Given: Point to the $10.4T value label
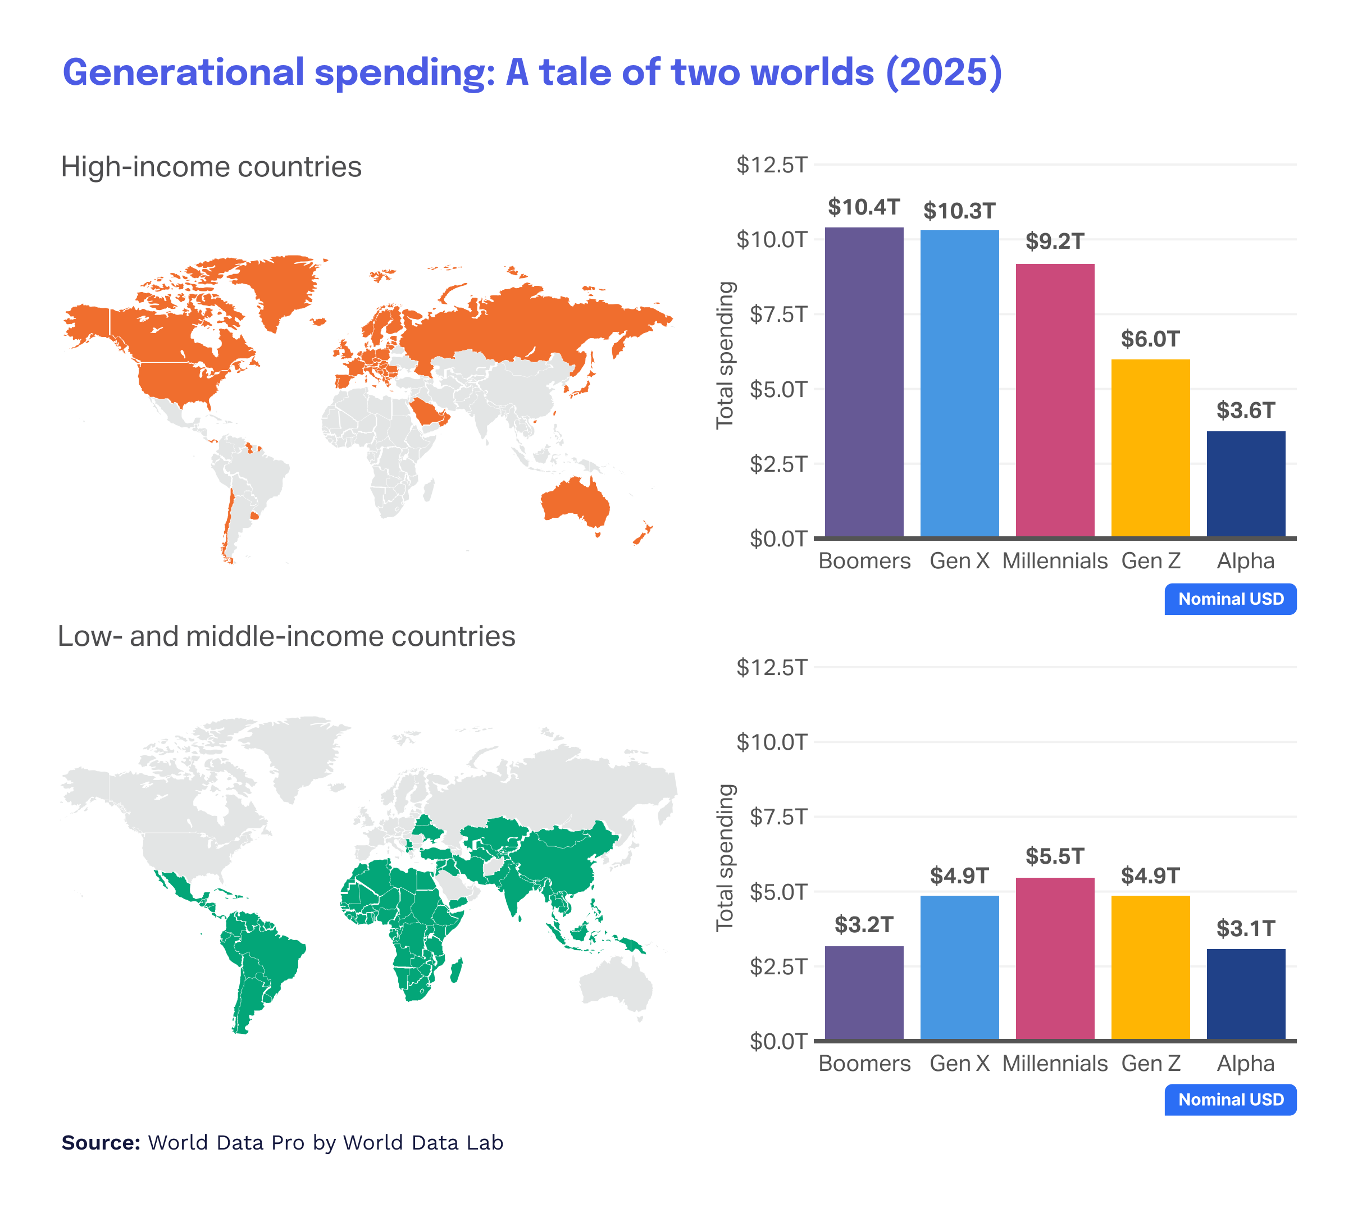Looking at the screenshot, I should tap(864, 207).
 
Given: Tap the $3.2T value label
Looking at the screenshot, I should tap(864, 925).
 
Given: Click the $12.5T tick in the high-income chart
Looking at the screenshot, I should tap(771, 165).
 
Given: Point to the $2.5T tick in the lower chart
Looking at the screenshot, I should tap(778, 966).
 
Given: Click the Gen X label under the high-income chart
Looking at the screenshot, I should tap(959, 561).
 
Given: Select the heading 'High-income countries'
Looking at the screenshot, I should tap(211, 167).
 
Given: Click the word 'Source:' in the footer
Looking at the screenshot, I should tap(101, 1143).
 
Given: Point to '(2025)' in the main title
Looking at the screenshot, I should tap(943, 72).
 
